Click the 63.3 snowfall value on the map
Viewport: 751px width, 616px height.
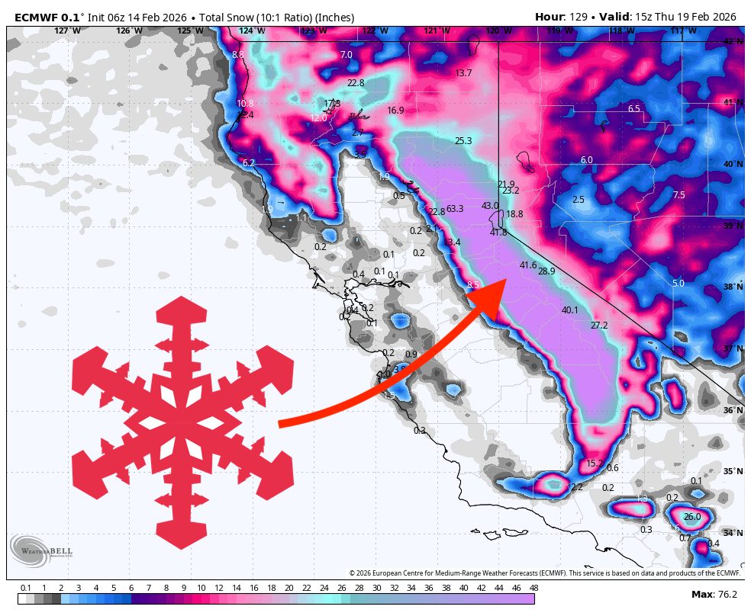pos(455,209)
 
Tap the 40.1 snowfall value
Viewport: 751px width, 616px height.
pos(569,310)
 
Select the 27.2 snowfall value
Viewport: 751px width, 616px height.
pos(599,326)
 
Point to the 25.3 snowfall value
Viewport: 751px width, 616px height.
pos(463,141)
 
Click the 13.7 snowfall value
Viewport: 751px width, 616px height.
pos(463,73)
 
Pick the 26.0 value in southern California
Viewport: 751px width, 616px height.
pos(691,517)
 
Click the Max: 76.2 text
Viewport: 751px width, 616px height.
pos(714,595)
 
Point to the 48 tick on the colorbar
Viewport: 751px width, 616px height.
pos(533,588)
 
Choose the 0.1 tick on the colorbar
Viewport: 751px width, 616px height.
pos(26,588)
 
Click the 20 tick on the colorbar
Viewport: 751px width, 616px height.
pos(288,588)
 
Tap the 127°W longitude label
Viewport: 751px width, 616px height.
pos(67,30)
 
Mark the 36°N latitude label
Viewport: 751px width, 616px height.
pos(733,410)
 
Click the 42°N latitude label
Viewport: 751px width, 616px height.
pos(733,41)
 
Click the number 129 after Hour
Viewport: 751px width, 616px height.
pos(576,17)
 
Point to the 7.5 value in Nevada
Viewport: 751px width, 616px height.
pos(678,195)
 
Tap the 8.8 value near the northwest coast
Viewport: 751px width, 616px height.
pos(238,55)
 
